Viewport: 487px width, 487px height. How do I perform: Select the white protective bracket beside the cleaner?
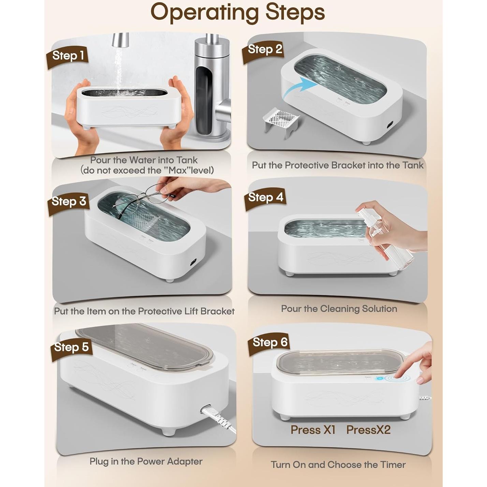[x=280, y=122]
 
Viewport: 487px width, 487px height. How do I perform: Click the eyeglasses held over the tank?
[x=142, y=198]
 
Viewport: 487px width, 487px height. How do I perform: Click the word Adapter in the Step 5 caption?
[x=185, y=454]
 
